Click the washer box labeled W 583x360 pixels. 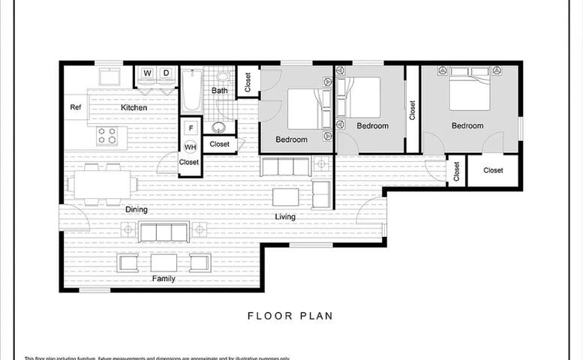tap(147, 73)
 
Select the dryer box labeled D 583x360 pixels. tap(166, 73)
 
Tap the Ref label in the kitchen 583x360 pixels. tap(75, 107)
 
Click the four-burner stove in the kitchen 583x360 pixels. tap(107, 136)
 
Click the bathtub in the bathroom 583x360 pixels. tap(191, 90)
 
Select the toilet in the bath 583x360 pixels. tap(223, 76)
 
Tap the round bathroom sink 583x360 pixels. tap(219, 127)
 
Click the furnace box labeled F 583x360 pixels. tap(191, 127)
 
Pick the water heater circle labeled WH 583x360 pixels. tap(191, 146)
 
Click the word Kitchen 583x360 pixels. tap(134, 108)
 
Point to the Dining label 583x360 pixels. tap(136, 210)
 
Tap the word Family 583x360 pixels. tap(164, 279)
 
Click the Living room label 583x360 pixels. tap(285, 217)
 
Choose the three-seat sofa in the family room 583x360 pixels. tap(164, 232)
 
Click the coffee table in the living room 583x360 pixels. tap(285, 196)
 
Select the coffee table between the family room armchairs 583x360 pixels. tap(164, 262)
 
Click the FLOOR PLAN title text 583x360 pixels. tap(290, 316)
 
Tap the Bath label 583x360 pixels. tap(219, 91)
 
